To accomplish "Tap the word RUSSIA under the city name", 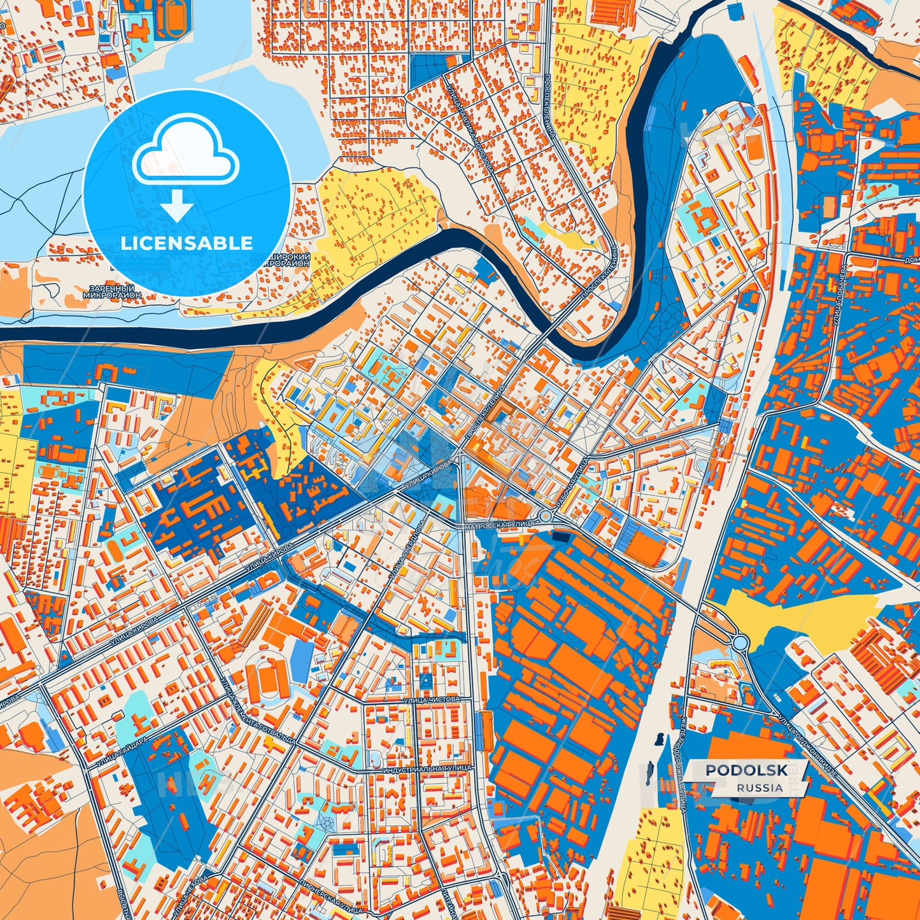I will pyautogui.click(x=760, y=788).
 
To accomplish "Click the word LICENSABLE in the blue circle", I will pyautogui.click(x=187, y=243).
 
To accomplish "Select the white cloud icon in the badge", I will pyautogui.click(x=185, y=150).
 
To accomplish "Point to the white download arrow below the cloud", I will pyautogui.click(x=177, y=206).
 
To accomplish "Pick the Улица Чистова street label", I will pyautogui.click(x=431, y=699).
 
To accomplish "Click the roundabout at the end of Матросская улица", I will pyautogui.click(x=546, y=516).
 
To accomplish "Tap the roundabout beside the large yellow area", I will pyautogui.click(x=740, y=642).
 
